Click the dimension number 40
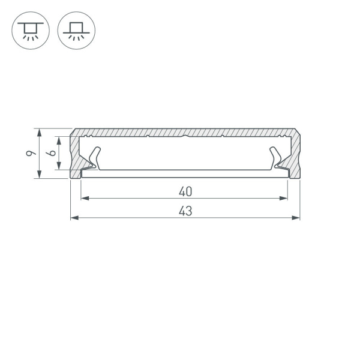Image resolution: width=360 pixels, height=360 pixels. [x=185, y=192]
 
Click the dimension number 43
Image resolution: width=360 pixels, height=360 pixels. [x=185, y=211]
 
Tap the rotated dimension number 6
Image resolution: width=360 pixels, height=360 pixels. [x=52, y=154]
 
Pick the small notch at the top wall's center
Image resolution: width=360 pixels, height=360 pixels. [x=185, y=137]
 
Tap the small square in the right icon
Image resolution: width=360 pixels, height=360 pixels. [x=76, y=28]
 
